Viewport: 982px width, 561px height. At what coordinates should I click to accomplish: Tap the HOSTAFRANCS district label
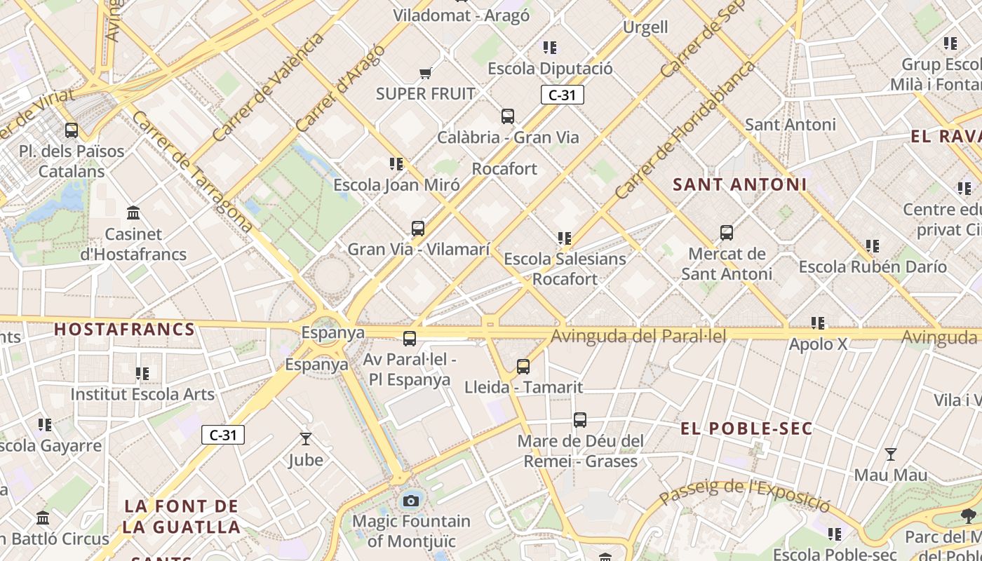(124, 329)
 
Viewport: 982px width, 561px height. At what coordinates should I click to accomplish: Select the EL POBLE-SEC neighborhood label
(746, 428)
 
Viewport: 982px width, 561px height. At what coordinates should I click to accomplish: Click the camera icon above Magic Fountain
(411, 501)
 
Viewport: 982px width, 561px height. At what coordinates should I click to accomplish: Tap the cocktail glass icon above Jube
(306, 439)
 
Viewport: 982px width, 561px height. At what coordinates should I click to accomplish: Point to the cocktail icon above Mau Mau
(891, 454)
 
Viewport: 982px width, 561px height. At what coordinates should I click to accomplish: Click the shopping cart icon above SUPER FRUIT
(425, 73)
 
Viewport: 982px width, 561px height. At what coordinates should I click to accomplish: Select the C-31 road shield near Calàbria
(563, 95)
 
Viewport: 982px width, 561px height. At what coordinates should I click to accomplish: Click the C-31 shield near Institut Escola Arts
(223, 435)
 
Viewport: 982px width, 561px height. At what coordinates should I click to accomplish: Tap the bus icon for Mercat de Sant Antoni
(727, 232)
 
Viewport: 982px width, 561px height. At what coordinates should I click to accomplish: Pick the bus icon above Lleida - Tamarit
(523, 366)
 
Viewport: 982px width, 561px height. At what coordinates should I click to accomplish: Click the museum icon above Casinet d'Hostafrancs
(133, 212)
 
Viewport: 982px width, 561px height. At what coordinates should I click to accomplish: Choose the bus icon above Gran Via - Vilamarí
(418, 228)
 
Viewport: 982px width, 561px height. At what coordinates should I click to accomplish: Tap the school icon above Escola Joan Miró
(396, 164)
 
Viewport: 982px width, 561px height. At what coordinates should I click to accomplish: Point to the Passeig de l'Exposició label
(745, 494)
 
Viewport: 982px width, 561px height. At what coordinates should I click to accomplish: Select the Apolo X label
(818, 344)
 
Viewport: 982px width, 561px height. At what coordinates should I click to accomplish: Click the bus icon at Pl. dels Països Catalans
(72, 130)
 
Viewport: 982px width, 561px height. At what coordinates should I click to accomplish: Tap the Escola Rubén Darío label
(873, 266)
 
